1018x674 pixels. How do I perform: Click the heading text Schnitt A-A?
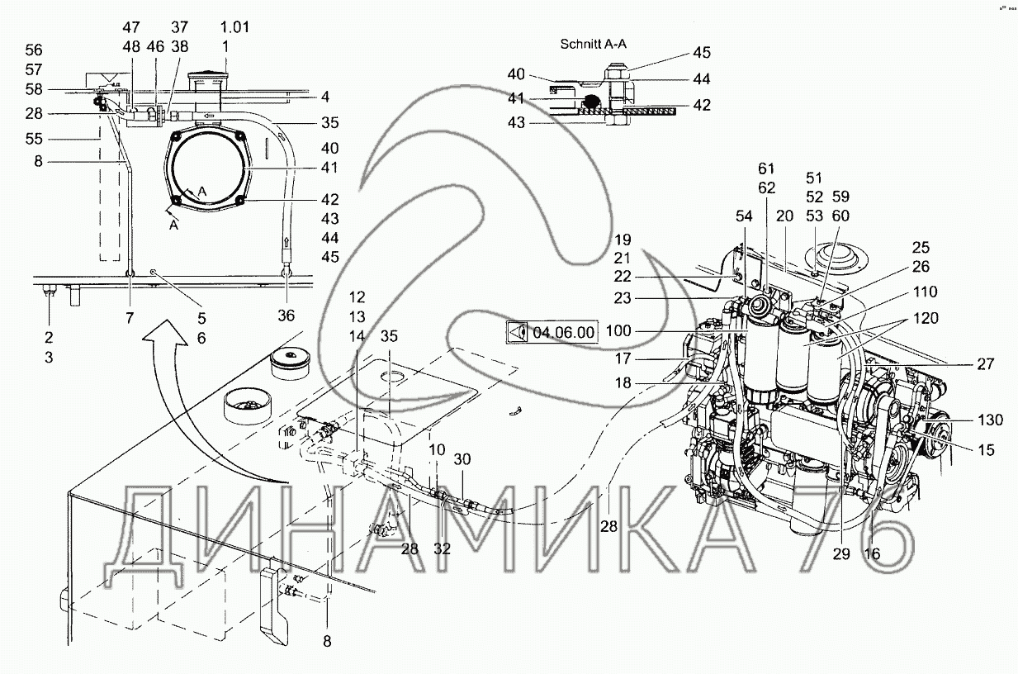coord(594,44)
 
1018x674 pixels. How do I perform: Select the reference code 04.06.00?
coord(564,333)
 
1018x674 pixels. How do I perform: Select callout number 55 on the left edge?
coord(34,138)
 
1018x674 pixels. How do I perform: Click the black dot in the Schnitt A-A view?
coord(590,102)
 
